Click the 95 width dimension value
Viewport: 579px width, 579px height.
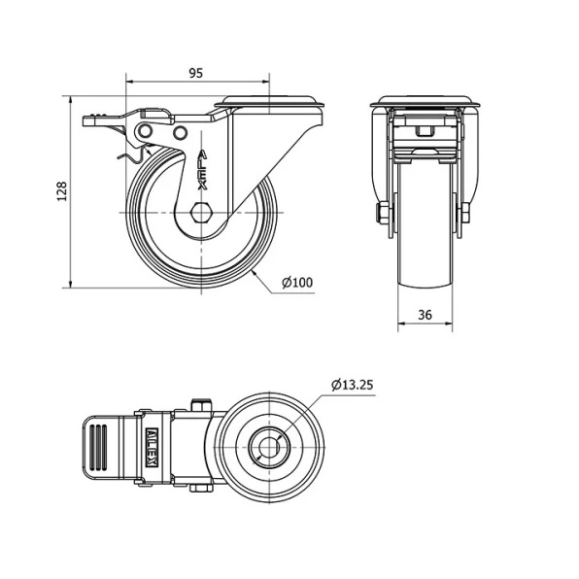(196, 73)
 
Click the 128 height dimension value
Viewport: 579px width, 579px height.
(62, 191)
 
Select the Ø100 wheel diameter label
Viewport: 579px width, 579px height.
(297, 283)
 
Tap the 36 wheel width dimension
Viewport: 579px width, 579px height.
(425, 315)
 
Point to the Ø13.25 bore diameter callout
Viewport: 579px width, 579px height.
(353, 385)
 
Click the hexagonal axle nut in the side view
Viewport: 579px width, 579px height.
(201, 213)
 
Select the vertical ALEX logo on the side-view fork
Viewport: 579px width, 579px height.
(203, 169)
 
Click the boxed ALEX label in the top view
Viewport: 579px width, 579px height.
(153, 448)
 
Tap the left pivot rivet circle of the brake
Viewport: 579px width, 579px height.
(145, 131)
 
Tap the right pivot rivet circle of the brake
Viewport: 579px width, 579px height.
(180, 132)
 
